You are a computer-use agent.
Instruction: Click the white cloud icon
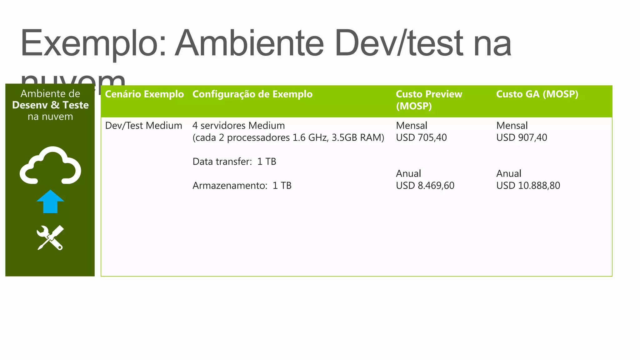tap(50, 166)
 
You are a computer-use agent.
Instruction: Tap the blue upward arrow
tap(50, 202)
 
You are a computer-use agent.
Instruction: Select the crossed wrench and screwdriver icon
tap(50, 237)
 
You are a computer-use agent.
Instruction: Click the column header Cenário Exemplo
tap(144, 94)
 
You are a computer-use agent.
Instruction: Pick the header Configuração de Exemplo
tap(252, 94)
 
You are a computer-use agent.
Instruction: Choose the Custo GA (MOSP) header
tap(537, 94)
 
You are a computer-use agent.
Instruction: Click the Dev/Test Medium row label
tap(143, 126)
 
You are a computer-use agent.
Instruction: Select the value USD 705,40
tap(421, 137)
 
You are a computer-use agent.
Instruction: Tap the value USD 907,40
tap(522, 137)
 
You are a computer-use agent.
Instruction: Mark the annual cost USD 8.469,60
tap(425, 186)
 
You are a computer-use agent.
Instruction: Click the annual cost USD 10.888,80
tap(528, 186)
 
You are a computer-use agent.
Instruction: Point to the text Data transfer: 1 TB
tap(234, 162)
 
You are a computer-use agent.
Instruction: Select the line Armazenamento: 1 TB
tap(242, 186)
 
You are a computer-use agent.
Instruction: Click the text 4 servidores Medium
tap(238, 126)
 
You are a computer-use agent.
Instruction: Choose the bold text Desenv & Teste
tap(50, 105)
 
